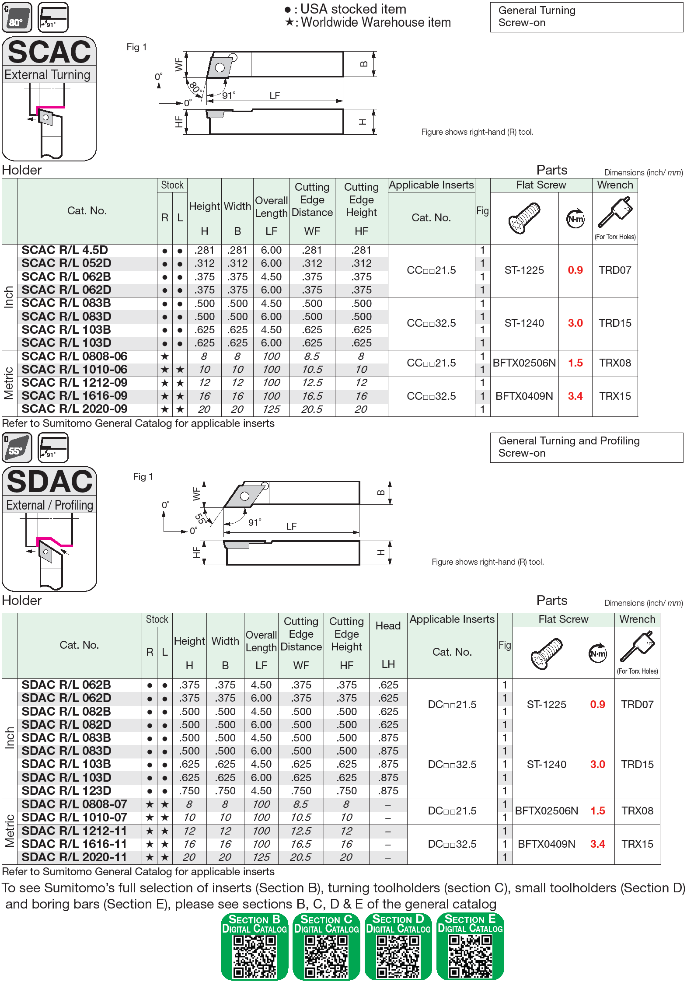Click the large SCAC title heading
pyautogui.click(x=49, y=52)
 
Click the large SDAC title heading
pyautogui.click(x=49, y=481)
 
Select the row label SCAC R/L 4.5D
pyautogui.click(x=65, y=250)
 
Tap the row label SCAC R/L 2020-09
pyautogui.click(x=74, y=409)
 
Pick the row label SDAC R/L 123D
pyautogui.click(x=66, y=791)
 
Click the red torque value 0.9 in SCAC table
pyautogui.click(x=575, y=270)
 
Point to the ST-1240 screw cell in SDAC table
pyautogui.click(x=546, y=765)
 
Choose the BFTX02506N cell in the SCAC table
pyautogui.click(x=524, y=363)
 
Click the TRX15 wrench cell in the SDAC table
pyautogui.click(x=637, y=844)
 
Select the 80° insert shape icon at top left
pyautogui.click(x=17, y=17)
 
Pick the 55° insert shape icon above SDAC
pyautogui.click(x=17, y=447)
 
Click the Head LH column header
pyautogui.click(x=388, y=645)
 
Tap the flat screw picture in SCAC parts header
pyautogui.click(x=524, y=218)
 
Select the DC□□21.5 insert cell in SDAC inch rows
pyautogui.click(x=452, y=705)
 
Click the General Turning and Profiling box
pyautogui.click(x=586, y=447)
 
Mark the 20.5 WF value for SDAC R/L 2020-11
pyautogui.click(x=300, y=857)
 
